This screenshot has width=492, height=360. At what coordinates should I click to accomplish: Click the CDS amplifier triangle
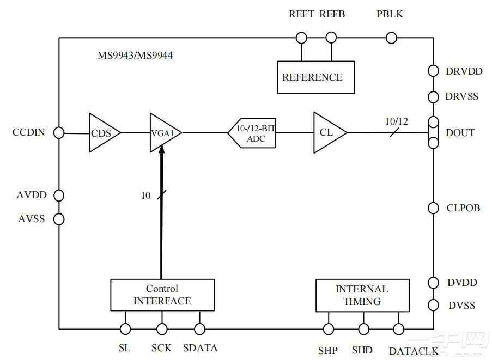pos(102,133)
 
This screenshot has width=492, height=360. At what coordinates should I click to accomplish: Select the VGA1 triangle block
pos(162,132)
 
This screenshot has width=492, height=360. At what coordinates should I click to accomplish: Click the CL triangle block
pos(327,132)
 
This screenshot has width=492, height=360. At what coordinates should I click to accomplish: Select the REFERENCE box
pos(315,77)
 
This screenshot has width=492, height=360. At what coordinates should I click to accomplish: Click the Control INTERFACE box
pos(162,295)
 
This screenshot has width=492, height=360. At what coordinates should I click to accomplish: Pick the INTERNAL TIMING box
pos(362,295)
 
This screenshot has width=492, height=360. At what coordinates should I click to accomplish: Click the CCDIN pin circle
pos(59,133)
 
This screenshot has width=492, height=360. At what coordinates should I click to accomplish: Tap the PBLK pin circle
pos(391,38)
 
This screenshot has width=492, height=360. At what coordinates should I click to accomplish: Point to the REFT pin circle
pos(301,38)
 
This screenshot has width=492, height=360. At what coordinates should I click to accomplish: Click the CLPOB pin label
pos(463,208)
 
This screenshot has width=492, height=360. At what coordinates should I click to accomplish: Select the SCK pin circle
pos(162,329)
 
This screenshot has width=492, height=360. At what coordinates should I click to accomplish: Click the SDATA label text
pos(200,348)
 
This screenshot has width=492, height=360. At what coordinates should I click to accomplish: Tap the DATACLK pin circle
pos(398,329)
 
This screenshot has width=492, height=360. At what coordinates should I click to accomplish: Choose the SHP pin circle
pos(329,329)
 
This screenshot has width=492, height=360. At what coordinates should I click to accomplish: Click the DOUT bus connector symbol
pos(433,132)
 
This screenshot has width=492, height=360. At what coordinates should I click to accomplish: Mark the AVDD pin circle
pos(59,195)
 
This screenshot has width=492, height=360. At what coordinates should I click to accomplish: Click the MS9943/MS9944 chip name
pos(135,56)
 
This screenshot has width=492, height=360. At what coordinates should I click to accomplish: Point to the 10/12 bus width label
pos(396,121)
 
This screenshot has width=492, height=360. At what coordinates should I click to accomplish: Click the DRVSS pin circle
pos(433,97)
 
